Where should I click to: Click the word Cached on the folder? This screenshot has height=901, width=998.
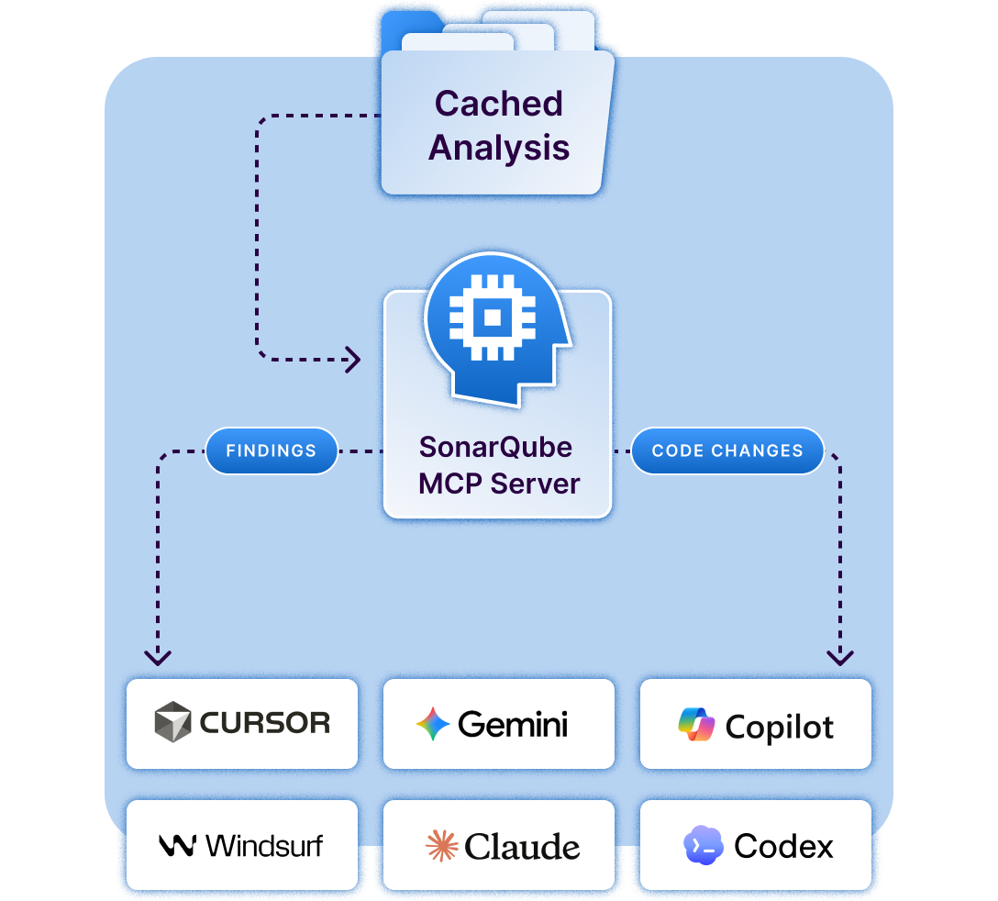click(498, 103)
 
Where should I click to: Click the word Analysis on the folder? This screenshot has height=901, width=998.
click(498, 148)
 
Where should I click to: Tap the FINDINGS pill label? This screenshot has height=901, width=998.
click(272, 450)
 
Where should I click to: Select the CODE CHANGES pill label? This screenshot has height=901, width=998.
click(727, 450)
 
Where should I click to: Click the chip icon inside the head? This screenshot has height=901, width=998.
click(492, 317)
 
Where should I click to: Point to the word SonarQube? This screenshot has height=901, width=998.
click(495, 447)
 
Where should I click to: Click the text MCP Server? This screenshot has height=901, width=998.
click(499, 484)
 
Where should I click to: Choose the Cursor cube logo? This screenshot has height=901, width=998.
click(172, 721)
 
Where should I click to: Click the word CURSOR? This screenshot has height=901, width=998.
click(265, 723)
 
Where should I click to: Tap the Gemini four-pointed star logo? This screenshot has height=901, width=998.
click(433, 724)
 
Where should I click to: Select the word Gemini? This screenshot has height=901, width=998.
click(513, 724)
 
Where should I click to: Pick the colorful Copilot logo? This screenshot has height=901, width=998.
click(696, 724)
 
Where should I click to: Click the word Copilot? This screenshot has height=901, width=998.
click(779, 727)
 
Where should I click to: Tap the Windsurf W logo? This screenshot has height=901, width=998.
click(177, 846)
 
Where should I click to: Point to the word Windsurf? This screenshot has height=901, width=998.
click(264, 846)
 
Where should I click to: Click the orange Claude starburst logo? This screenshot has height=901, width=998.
click(442, 846)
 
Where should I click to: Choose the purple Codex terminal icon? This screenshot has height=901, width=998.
click(704, 845)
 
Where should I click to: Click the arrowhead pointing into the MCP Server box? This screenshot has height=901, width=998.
click(353, 360)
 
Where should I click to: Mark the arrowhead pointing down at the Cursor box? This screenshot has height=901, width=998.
click(158, 658)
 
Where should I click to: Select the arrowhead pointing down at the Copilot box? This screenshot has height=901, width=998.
click(840, 658)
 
